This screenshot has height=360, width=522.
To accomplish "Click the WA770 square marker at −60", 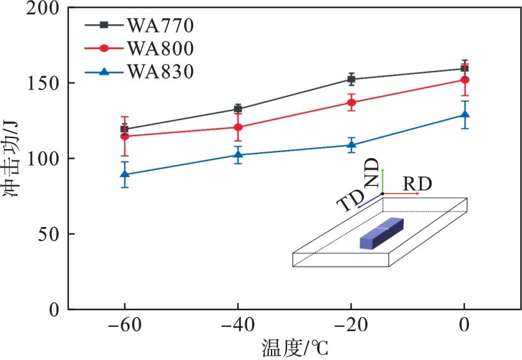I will (x=125, y=129).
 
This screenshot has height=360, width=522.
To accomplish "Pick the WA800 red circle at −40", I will (x=238, y=127).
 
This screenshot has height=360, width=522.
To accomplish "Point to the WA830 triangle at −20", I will (x=351, y=145).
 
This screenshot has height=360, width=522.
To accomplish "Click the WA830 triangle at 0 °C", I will (x=464, y=115).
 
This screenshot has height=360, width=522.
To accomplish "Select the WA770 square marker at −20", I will (x=351, y=79).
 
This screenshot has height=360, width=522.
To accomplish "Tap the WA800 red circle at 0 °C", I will (x=464, y=80).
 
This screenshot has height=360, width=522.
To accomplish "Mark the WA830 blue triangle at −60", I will (x=125, y=174).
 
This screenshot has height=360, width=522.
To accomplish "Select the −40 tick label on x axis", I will (x=237, y=325).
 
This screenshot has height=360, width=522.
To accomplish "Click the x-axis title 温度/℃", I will (x=295, y=348).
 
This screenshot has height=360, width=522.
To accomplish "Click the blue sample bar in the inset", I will (x=381, y=233).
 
